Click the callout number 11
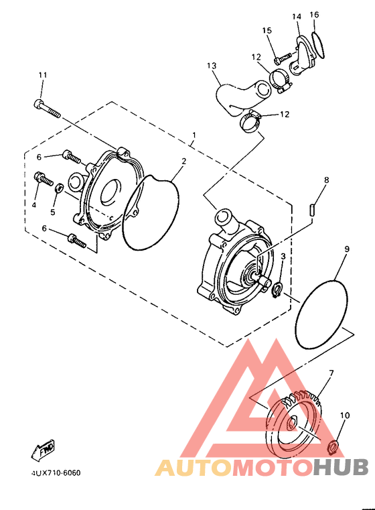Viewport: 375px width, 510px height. [x=42, y=74]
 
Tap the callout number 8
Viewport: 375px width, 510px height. [x=326, y=180]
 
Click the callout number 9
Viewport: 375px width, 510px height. [x=347, y=249]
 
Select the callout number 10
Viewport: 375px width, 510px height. [x=345, y=416]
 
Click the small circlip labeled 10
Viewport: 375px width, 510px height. [x=333, y=446]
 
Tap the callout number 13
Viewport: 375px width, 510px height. [x=212, y=66]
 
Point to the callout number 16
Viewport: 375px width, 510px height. [x=315, y=15]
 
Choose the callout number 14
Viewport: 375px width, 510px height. [x=297, y=15]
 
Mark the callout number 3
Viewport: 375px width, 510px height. [x=283, y=257]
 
